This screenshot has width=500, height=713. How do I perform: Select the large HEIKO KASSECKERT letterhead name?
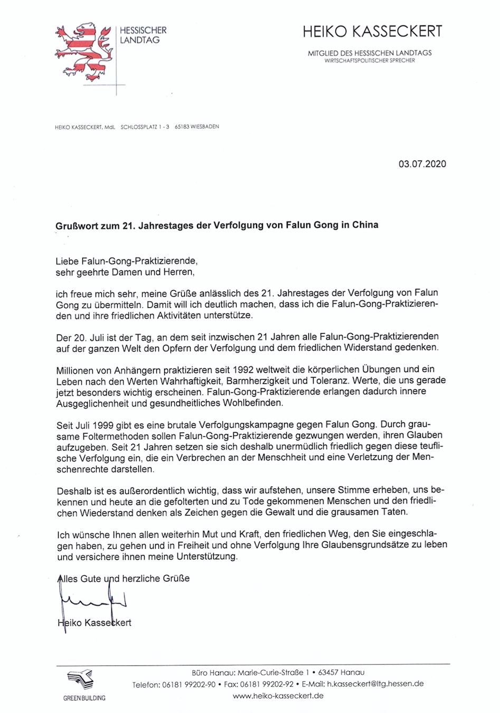pos(372,32)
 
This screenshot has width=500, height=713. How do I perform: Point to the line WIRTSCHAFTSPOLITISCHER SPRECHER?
pos(370,61)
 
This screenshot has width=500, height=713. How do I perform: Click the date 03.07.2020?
pos(422,164)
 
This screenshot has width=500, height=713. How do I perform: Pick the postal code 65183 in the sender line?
pos(183,127)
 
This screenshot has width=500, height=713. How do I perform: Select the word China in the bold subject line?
pos(365,224)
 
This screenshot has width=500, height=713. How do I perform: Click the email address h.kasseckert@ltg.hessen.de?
pos(375,684)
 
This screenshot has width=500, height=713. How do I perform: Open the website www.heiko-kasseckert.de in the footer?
pos(278,696)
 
